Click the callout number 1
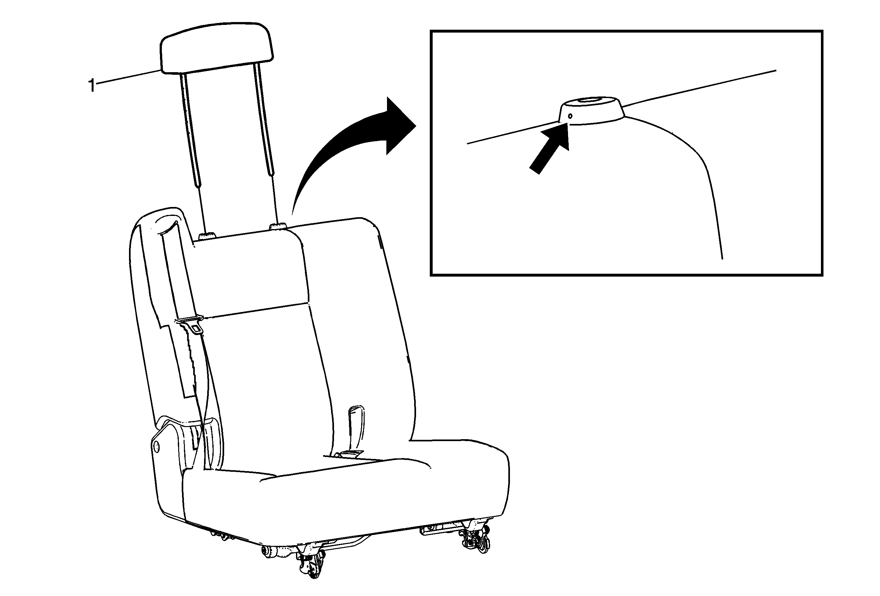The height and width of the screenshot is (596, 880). pos(91,86)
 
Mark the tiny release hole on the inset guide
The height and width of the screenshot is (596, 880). pos(570,116)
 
